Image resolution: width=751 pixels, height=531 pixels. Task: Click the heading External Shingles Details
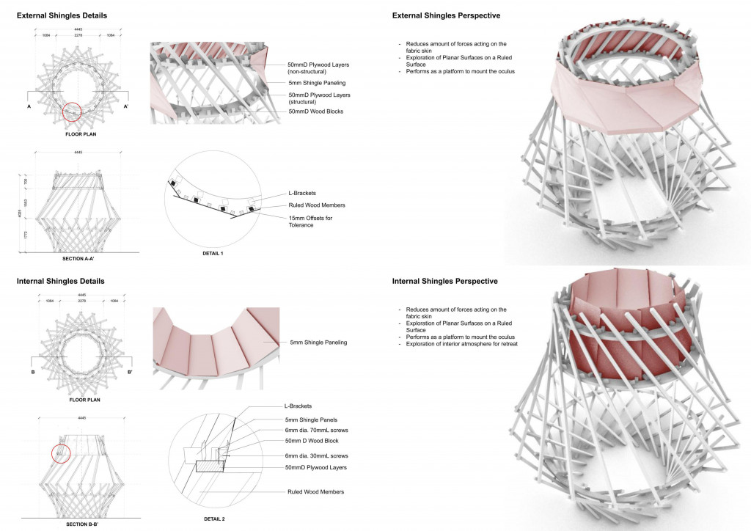pyautogui.click(x=61, y=15)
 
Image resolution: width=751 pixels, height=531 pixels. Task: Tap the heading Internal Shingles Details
pyautogui.click(x=60, y=281)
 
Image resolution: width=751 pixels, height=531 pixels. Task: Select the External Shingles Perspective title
pyautogui.click(x=452, y=15)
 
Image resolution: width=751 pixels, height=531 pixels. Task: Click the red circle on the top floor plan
pyautogui.click(x=71, y=112)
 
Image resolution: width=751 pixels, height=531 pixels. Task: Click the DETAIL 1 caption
pyautogui.click(x=212, y=253)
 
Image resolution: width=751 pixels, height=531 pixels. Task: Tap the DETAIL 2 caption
pyautogui.click(x=212, y=519)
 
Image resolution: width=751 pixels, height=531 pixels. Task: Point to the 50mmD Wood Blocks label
pyautogui.click(x=315, y=111)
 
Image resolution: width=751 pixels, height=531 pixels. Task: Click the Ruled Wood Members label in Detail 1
pyautogui.click(x=317, y=205)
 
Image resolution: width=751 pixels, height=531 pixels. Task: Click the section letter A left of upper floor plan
pyautogui.click(x=29, y=106)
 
